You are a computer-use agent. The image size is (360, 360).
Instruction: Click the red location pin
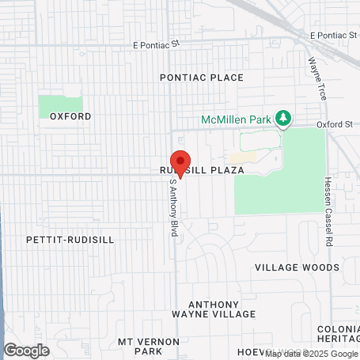[180, 163]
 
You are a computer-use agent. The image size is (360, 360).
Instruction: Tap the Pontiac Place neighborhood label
[201, 78]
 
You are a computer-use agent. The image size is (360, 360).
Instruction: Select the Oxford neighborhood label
[70, 116]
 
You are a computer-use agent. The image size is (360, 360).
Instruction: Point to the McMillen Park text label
[236, 119]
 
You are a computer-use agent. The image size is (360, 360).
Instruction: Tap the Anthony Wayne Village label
[222, 309]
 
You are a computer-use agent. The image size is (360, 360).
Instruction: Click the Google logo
[26, 350]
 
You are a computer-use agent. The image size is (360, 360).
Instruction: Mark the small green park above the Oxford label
[61, 104]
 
